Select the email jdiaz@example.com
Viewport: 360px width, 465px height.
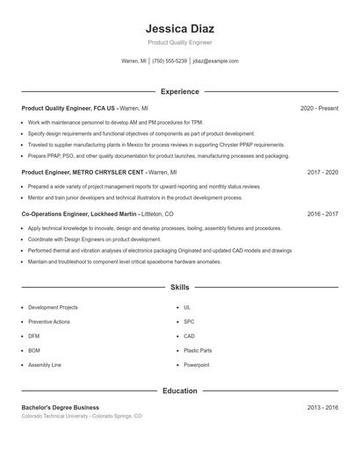[215, 61]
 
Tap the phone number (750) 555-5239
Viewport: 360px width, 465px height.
[169, 61]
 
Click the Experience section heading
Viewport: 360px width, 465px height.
[179, 91]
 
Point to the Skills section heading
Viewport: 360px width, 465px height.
[179, 287]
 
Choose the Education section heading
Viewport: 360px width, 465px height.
[179, 390]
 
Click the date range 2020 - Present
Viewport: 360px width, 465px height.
[319, 108]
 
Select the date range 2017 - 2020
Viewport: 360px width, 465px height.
[322, 173]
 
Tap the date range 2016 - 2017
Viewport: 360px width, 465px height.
[322, 214]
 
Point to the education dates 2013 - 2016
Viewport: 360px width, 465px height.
[322, 408]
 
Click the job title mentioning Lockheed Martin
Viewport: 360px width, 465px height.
[97, 214]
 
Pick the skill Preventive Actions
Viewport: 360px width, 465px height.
[49, 322]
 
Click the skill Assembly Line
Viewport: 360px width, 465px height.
[45, 364]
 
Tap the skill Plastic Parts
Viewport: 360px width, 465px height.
[198, 350]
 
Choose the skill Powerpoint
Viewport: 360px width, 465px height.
[197, 364]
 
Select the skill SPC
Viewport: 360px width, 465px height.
[189, 322]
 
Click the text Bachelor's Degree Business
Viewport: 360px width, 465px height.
[60, 408]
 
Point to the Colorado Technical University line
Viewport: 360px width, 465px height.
[81, 417]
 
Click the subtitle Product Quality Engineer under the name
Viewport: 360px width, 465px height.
[179, 42]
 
